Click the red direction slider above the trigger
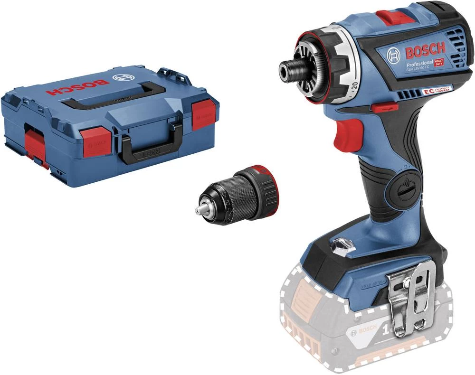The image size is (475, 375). [382, 108]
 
